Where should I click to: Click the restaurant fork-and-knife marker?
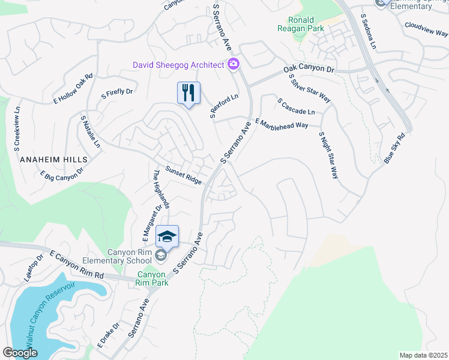coord(188,93)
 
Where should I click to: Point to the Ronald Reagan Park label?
coord(301,23)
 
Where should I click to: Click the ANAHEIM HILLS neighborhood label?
coord(53,160)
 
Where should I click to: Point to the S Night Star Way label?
coord(328,155)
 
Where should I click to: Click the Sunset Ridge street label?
coord(184,176)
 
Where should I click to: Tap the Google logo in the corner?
coord(20,353)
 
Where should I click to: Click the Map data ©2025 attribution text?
coord(423,355)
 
